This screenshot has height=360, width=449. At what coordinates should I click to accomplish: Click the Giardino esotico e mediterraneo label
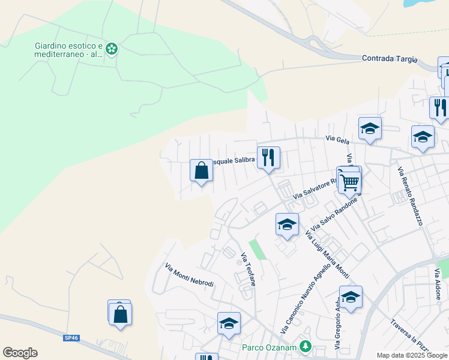69,50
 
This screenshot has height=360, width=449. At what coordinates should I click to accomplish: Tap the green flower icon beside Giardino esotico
111,49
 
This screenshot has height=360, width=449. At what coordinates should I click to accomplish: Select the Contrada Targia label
390,59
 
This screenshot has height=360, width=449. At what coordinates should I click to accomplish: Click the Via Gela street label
337,139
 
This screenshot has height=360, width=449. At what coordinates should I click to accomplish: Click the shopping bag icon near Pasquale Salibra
201,171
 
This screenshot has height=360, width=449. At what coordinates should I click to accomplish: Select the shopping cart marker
349,181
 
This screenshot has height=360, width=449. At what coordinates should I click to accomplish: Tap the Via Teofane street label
248,269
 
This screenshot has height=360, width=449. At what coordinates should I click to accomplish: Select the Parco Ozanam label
270,347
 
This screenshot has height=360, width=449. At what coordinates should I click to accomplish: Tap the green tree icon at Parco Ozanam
306,346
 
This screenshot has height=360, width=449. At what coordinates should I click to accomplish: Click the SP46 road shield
70,338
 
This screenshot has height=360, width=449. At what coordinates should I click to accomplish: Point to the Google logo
20,353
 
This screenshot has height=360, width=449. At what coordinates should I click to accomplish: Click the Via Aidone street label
438,279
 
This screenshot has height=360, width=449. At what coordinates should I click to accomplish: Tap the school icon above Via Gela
370,128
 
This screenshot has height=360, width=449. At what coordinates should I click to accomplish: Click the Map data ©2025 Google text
412,355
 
